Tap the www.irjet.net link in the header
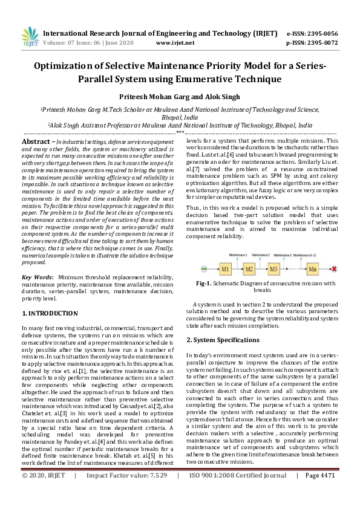175,43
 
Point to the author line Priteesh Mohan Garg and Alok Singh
180,96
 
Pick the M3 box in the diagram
273,268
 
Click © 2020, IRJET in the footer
44,492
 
